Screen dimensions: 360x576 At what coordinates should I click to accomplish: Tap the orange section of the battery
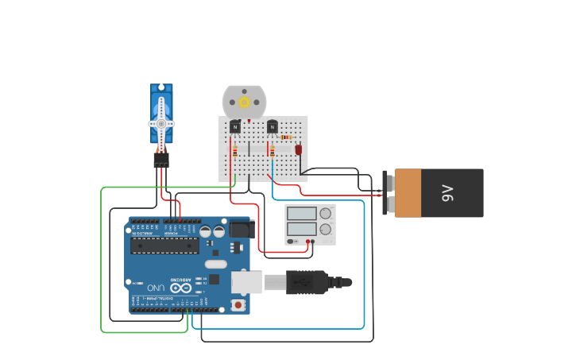[408, 193]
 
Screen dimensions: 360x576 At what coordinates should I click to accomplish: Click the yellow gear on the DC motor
[245, 102]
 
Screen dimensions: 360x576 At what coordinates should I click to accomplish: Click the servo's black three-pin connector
[161, 160]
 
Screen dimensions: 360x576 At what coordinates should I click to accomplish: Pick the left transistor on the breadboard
[235, 126]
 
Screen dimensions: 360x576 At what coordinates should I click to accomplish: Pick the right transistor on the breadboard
[273, 126]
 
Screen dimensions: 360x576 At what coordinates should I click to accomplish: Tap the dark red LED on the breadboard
[299, 149]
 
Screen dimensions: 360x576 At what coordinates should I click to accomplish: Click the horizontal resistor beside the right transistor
[286, 137]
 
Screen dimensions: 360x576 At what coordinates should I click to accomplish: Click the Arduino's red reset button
[238, 304]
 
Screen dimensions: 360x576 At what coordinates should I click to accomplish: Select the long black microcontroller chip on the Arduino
[165, 245]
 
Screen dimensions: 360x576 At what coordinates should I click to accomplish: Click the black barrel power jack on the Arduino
[241, 230]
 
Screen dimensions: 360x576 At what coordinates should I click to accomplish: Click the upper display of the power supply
[302, 213]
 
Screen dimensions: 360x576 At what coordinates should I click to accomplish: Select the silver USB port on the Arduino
[247, 282]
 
